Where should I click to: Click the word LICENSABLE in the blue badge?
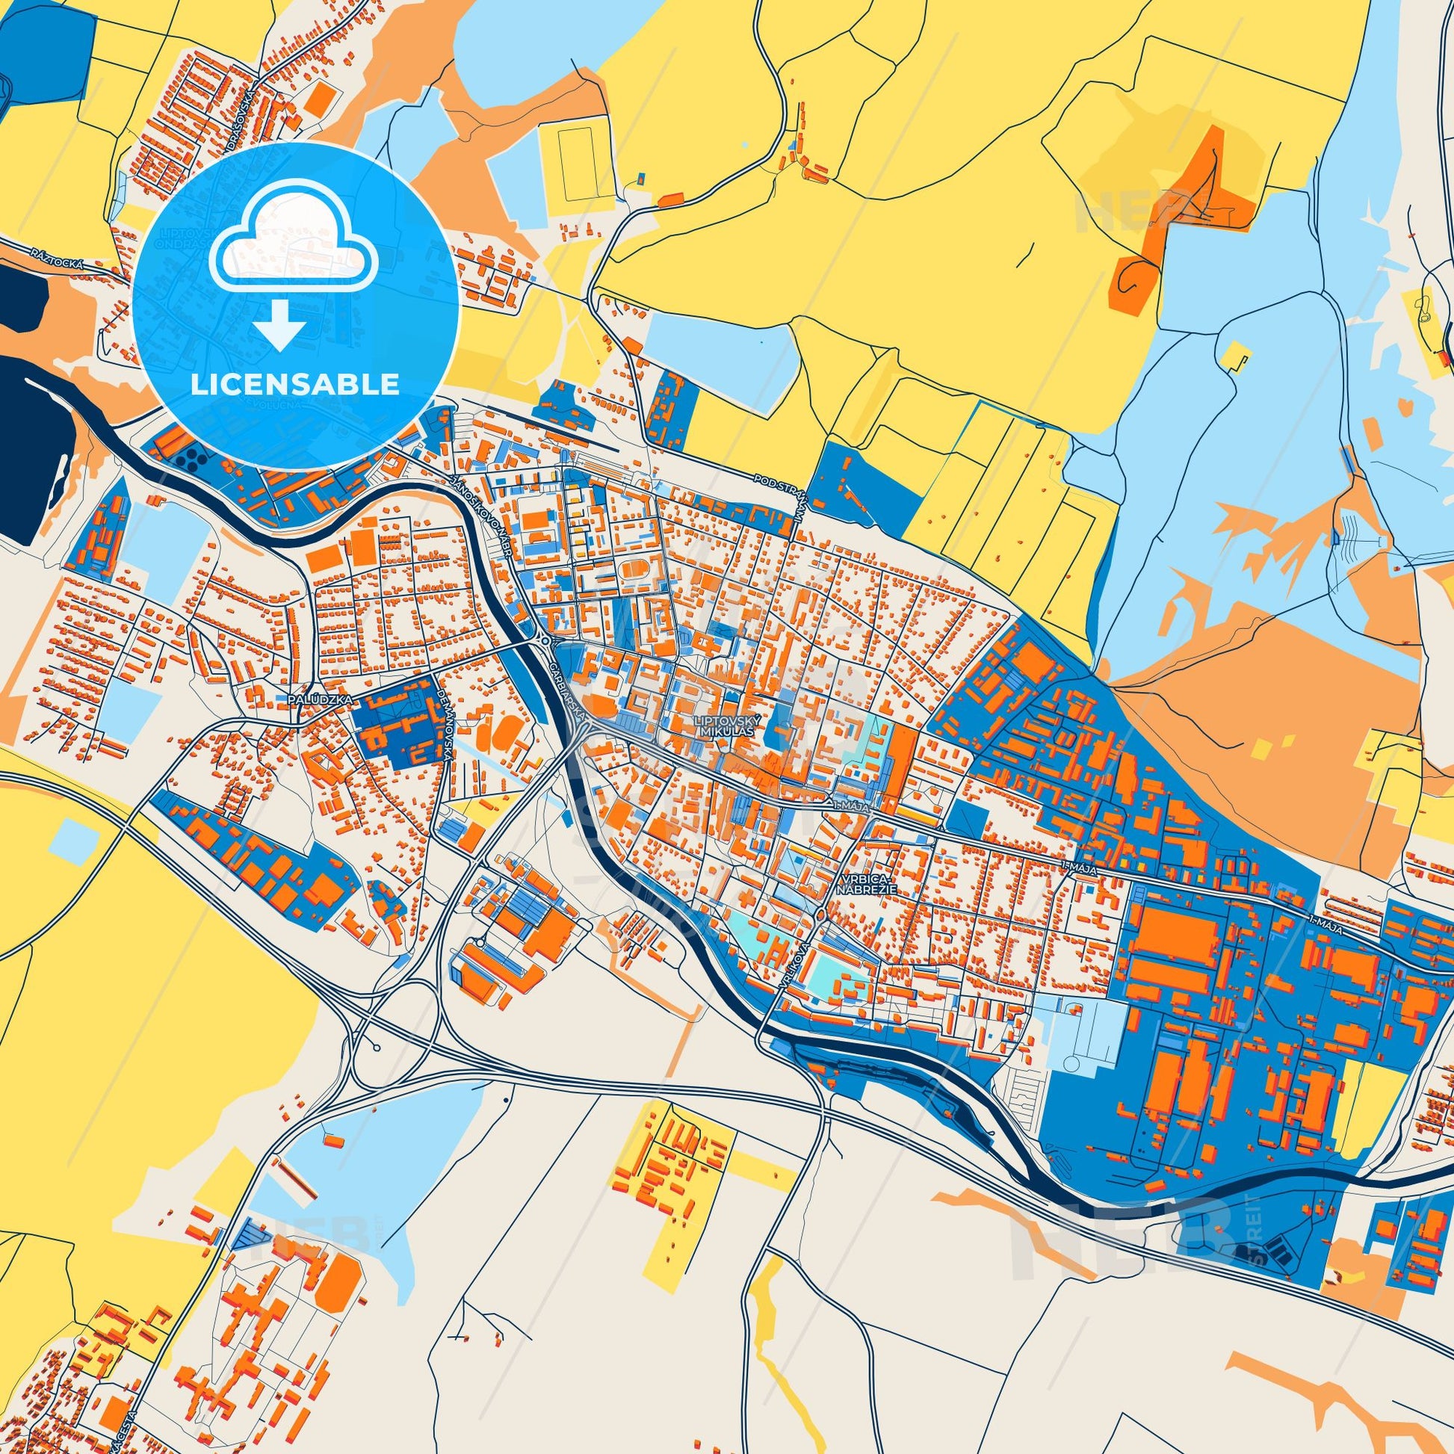tap(295, 385)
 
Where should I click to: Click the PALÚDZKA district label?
tap(311, 700)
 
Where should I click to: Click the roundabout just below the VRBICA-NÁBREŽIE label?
tap(820, 915)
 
